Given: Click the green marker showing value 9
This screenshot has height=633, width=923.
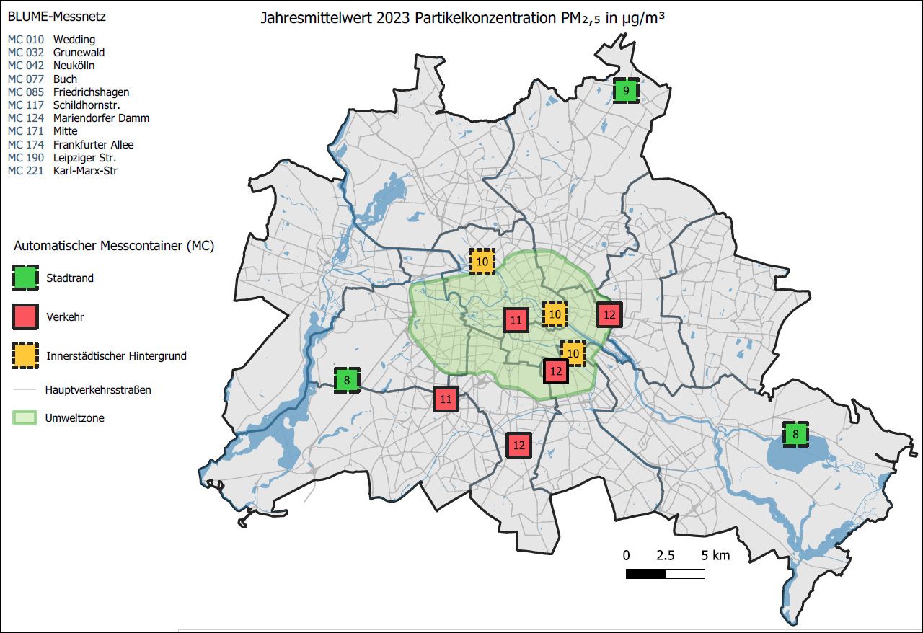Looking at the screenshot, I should (626, 91).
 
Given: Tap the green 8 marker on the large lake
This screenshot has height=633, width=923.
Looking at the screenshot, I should (795, 435).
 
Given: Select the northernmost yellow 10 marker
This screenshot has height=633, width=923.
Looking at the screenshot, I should (482, 261).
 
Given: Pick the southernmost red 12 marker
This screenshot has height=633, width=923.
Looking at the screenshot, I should (518, 445).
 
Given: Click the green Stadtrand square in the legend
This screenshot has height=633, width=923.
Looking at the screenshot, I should (25, 278).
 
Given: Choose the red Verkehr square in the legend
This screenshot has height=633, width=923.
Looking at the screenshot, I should (25, 316).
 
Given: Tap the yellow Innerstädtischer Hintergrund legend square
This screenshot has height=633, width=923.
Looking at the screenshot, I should (25, 355).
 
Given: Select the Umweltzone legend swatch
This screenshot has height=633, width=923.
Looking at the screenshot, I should (25, 417).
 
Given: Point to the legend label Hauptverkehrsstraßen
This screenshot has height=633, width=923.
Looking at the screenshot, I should (98, 390).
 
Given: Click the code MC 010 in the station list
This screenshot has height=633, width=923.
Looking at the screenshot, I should (26, 40).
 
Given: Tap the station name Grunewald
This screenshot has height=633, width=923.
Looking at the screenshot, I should (79, 53).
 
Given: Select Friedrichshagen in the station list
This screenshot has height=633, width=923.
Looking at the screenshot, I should (91, 92).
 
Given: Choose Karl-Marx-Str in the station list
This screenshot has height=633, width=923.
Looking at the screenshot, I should (85, 171).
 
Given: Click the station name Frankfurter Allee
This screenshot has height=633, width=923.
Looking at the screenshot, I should (93, 145).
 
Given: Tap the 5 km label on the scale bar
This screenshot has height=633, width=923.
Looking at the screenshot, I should (715, 555).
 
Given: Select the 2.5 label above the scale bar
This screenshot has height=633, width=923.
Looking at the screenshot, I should (665, 555).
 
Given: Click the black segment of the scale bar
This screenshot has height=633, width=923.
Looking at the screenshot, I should (645, 574).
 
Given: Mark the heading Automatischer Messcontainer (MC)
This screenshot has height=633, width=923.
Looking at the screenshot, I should (114, 246).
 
